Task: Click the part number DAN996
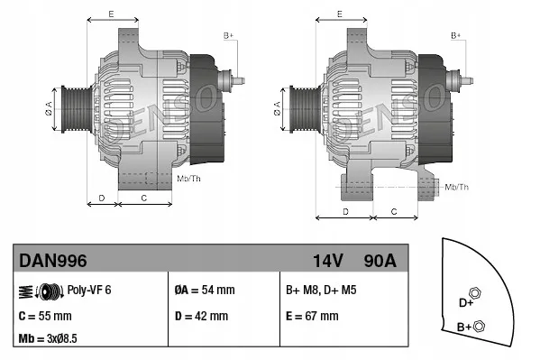[53, 261]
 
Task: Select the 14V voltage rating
[328, 261]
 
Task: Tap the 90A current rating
[379, 261]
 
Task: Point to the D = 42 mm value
[201, 316]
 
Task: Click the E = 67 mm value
[312, 316]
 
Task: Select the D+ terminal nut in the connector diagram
[476, 294]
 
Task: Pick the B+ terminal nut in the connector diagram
[479, 326]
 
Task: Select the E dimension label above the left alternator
[110, 14]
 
